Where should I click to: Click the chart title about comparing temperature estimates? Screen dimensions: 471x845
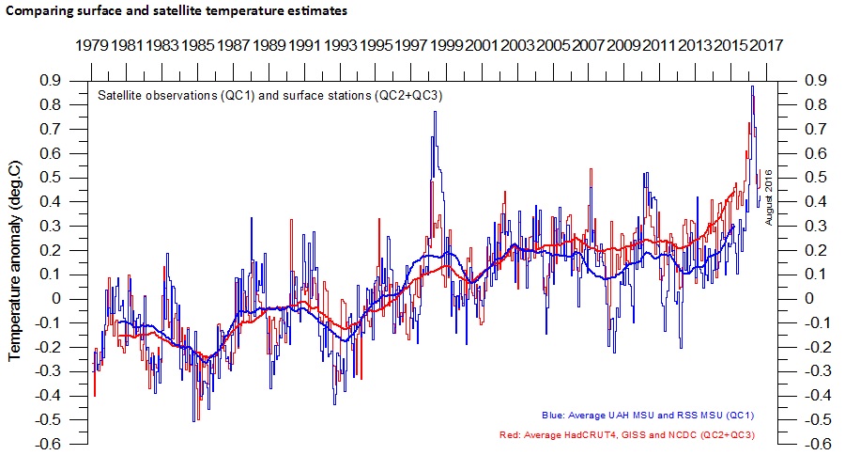pyautogui.click(x=176, y=11)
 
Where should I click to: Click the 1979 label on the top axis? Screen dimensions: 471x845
pyautogui.click(x=91, y=45)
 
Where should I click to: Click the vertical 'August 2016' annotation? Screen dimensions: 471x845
pyautogui.click(x=769, y=197)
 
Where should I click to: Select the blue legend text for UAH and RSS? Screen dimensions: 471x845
pyautogui.click(x=648, y=415)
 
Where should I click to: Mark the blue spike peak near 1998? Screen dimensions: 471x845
pyautogui.click(x=435, y=112)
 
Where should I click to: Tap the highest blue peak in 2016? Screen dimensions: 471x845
pyautogui.click(x=751, y=86)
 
